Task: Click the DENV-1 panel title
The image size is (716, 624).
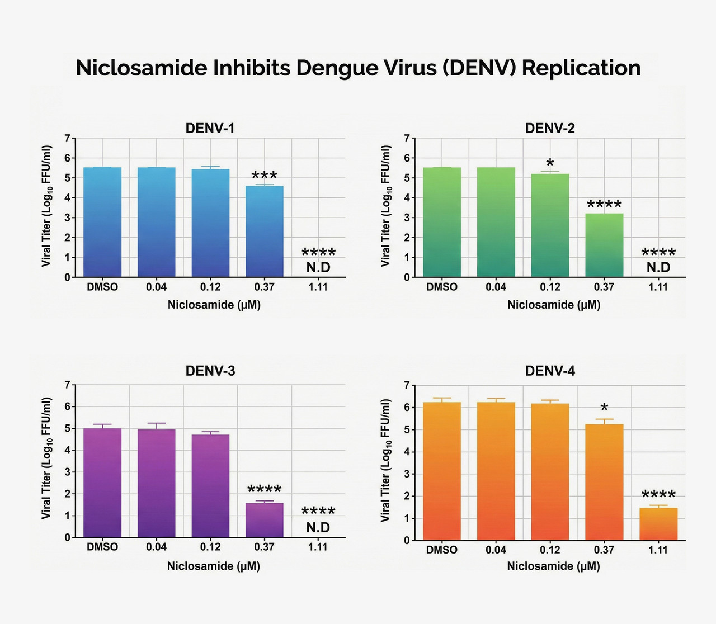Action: (x=210, y=129)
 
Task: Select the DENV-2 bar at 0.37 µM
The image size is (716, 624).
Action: (x=604, y=245)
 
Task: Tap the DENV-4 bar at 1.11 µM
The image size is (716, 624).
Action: (x=658, y=524)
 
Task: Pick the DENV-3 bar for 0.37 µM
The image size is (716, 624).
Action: (x=264, y=520)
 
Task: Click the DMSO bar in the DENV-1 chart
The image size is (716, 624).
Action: (x=102, y=222)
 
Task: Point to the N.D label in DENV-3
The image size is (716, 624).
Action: (x=318, y=527)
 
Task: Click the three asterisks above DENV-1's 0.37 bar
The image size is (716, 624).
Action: (x=264, y=175)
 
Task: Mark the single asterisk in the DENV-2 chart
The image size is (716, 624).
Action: (x=550, y=163)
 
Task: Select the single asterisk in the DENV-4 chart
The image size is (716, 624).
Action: (x=604, y=407)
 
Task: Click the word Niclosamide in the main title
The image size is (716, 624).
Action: (x=141, y=68)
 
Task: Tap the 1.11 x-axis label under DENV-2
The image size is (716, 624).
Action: (x=658, y=287)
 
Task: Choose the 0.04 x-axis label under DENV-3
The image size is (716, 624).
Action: (x=156, y=547)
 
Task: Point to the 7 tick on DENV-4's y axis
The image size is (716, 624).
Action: (x=407, y=385)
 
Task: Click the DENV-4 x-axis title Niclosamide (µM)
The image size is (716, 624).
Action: (x=554, y=566)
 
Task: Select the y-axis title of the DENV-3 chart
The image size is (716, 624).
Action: (x=46, y=458)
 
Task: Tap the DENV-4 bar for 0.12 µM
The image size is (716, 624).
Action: (x=550, y=472)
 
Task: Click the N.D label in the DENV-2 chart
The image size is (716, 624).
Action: (x=658, y=268)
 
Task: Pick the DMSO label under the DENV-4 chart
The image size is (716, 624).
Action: (x=442, y=550)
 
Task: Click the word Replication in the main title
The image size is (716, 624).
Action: (x=581, y=68)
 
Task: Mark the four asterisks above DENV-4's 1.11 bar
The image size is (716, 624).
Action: (x=658, y=494)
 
